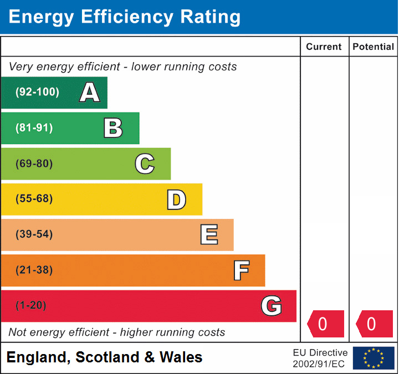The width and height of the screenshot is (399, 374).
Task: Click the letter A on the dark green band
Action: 90,93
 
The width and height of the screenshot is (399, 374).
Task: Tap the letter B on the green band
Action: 113,128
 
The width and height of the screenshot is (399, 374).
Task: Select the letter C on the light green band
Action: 145,163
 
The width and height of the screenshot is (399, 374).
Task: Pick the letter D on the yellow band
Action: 176,199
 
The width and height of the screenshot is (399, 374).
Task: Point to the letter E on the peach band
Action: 209,235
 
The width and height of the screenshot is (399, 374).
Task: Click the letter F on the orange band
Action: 241,270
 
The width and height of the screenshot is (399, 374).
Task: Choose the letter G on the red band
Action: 272,306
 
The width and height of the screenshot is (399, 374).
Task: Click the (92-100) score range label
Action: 37,93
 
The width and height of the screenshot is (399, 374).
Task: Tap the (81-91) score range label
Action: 34,128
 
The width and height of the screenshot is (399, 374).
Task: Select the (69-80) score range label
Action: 34,163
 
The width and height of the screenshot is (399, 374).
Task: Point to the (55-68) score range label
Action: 34,199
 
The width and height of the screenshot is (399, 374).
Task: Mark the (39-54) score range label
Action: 34,234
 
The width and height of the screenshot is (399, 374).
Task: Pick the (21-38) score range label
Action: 34,270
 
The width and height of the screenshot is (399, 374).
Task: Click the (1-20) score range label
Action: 31,306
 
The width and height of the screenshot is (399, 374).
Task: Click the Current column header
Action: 324,47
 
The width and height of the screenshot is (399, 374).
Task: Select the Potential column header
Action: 374,47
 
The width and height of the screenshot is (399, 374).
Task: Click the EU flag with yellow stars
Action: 374,358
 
